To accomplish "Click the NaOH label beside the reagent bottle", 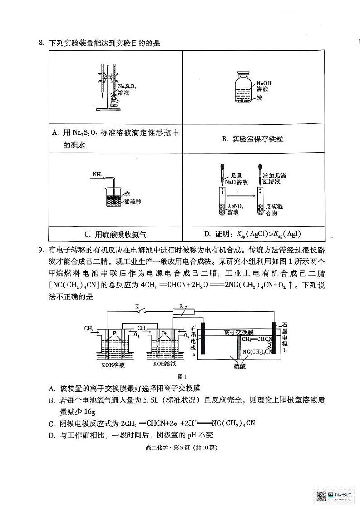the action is [263, 83].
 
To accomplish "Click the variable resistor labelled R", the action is [183, 311].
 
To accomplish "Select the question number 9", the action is [40, 249].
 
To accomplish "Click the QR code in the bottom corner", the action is [321, 496].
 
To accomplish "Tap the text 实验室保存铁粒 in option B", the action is [253, 139].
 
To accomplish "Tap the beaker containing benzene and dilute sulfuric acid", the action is [117, 197].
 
